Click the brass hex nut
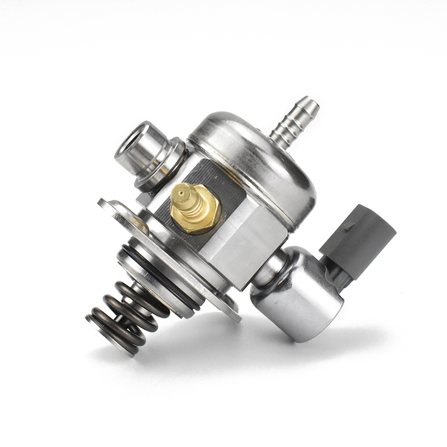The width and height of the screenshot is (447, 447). coord(196,210)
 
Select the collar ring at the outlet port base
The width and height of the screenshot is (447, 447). coord(162,168)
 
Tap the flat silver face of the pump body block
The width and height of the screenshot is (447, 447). coord(246,246)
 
